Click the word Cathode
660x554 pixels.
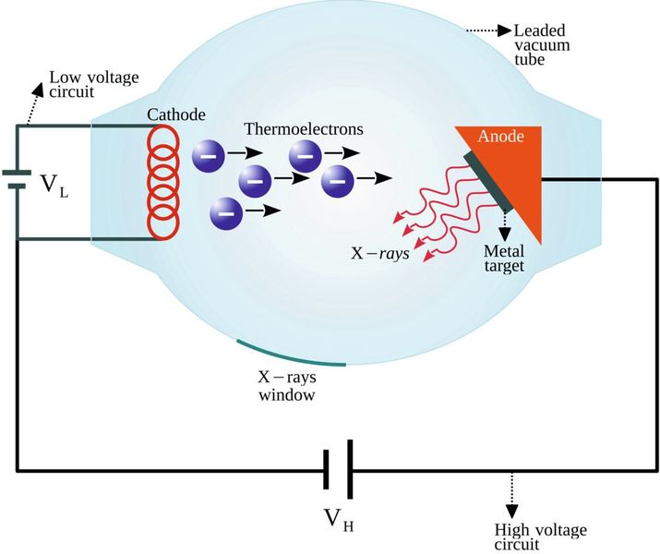(x=175, y=114)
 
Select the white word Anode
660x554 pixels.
(x=500, y=137)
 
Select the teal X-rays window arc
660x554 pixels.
(x=291, y=355)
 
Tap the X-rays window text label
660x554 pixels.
(x=286, y=385)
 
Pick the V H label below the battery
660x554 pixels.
(x=337, y=523)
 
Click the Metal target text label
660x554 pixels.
(x=504, y=259)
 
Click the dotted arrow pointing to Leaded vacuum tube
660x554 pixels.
(x=483, y=31)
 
